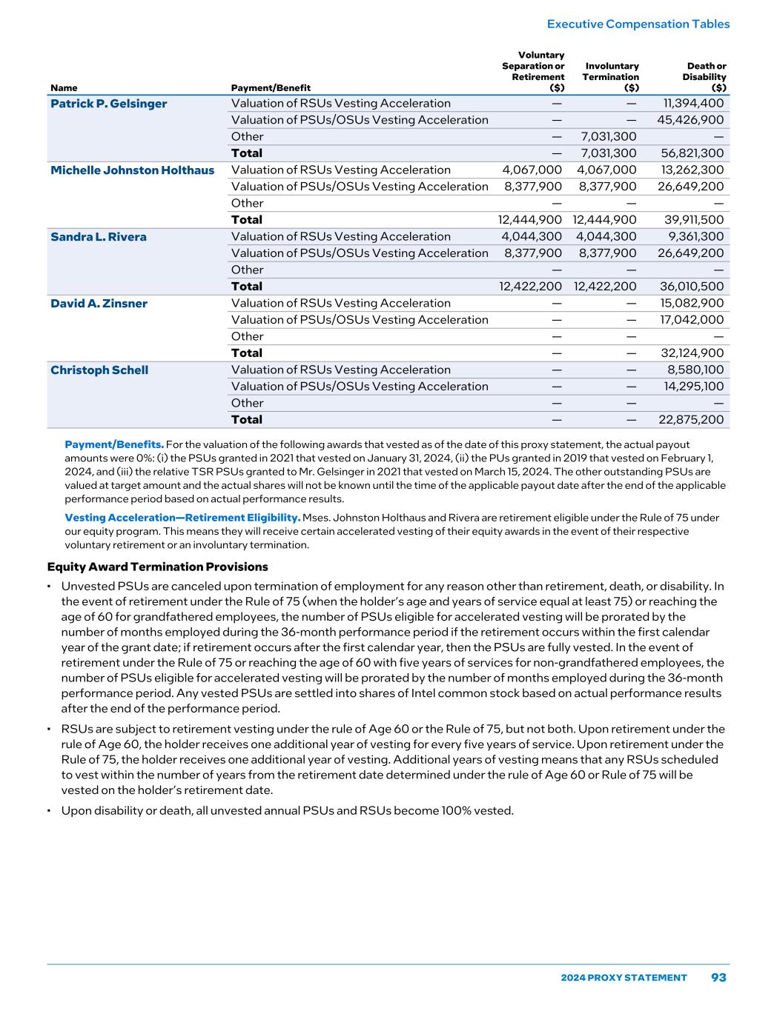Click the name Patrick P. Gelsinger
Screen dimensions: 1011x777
coord(108,104)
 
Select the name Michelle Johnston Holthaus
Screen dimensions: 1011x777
coord(132,170)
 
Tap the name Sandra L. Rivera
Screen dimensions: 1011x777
coord(98,237)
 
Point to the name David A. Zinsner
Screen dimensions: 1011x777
coord(99,304)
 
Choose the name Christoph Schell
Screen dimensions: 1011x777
coord(99,370)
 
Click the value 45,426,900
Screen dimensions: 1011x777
coord(690,120)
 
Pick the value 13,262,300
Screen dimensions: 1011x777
coord(690,170)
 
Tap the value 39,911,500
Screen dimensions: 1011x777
coord(692,220)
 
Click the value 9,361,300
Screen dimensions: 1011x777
coord(695,237)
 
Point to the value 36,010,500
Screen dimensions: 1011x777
coord(692,287)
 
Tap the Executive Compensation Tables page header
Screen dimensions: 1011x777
coord(638,24)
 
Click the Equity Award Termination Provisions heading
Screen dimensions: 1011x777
coord(157,567)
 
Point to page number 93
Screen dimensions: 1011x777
coord(718,978)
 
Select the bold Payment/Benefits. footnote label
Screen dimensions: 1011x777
coord(114,444)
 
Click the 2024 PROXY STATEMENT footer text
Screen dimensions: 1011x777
coord(624,978)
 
